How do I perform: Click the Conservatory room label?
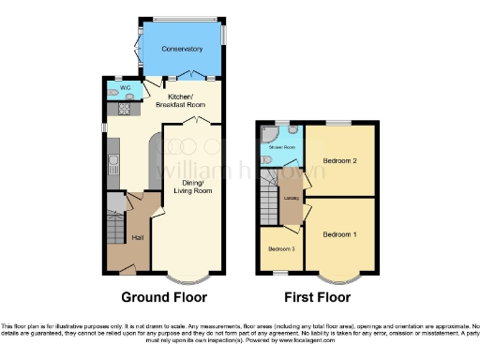coord(182,48)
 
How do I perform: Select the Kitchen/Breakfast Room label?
coord(186,100)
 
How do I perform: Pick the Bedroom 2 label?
coord(341,160)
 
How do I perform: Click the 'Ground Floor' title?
coord(164,297)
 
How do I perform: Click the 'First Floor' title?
coord(319,297)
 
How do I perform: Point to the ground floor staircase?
coord(115,228)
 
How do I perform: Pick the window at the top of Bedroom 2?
coord(339,122)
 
